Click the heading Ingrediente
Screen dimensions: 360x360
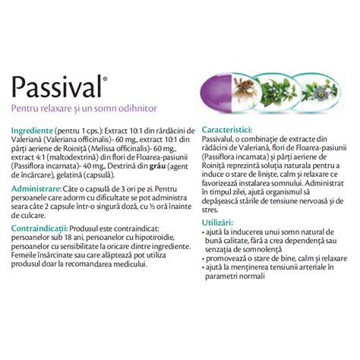pyautogui.click(x=32, y=130)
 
